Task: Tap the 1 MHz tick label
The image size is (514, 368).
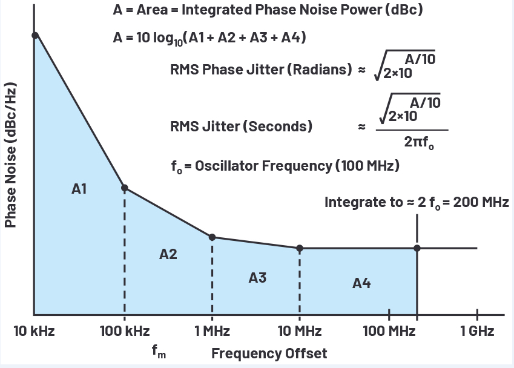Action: click(212, 331)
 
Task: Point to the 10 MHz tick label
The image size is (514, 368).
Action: click(299, 331)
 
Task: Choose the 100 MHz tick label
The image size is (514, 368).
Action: click(388, 331)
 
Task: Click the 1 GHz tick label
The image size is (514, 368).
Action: click(477, 331)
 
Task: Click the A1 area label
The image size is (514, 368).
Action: click(79, 189)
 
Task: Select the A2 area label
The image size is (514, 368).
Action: click(168, 254)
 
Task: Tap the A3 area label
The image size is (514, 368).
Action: click(257, 278)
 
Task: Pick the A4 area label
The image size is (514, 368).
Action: click(361, 283)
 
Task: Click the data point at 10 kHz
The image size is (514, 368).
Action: click(35, 35)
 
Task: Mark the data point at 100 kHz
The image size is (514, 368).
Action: click(124, 188)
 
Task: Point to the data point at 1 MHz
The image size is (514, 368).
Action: click(213, 237)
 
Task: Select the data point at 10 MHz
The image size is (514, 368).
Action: click(299, 248)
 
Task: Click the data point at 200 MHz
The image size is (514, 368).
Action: click(417, 248)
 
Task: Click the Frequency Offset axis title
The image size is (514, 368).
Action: click(269, 353)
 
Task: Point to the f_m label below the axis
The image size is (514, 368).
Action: click(159, 350)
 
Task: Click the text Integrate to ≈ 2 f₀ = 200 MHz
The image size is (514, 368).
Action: click(417, 202)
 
